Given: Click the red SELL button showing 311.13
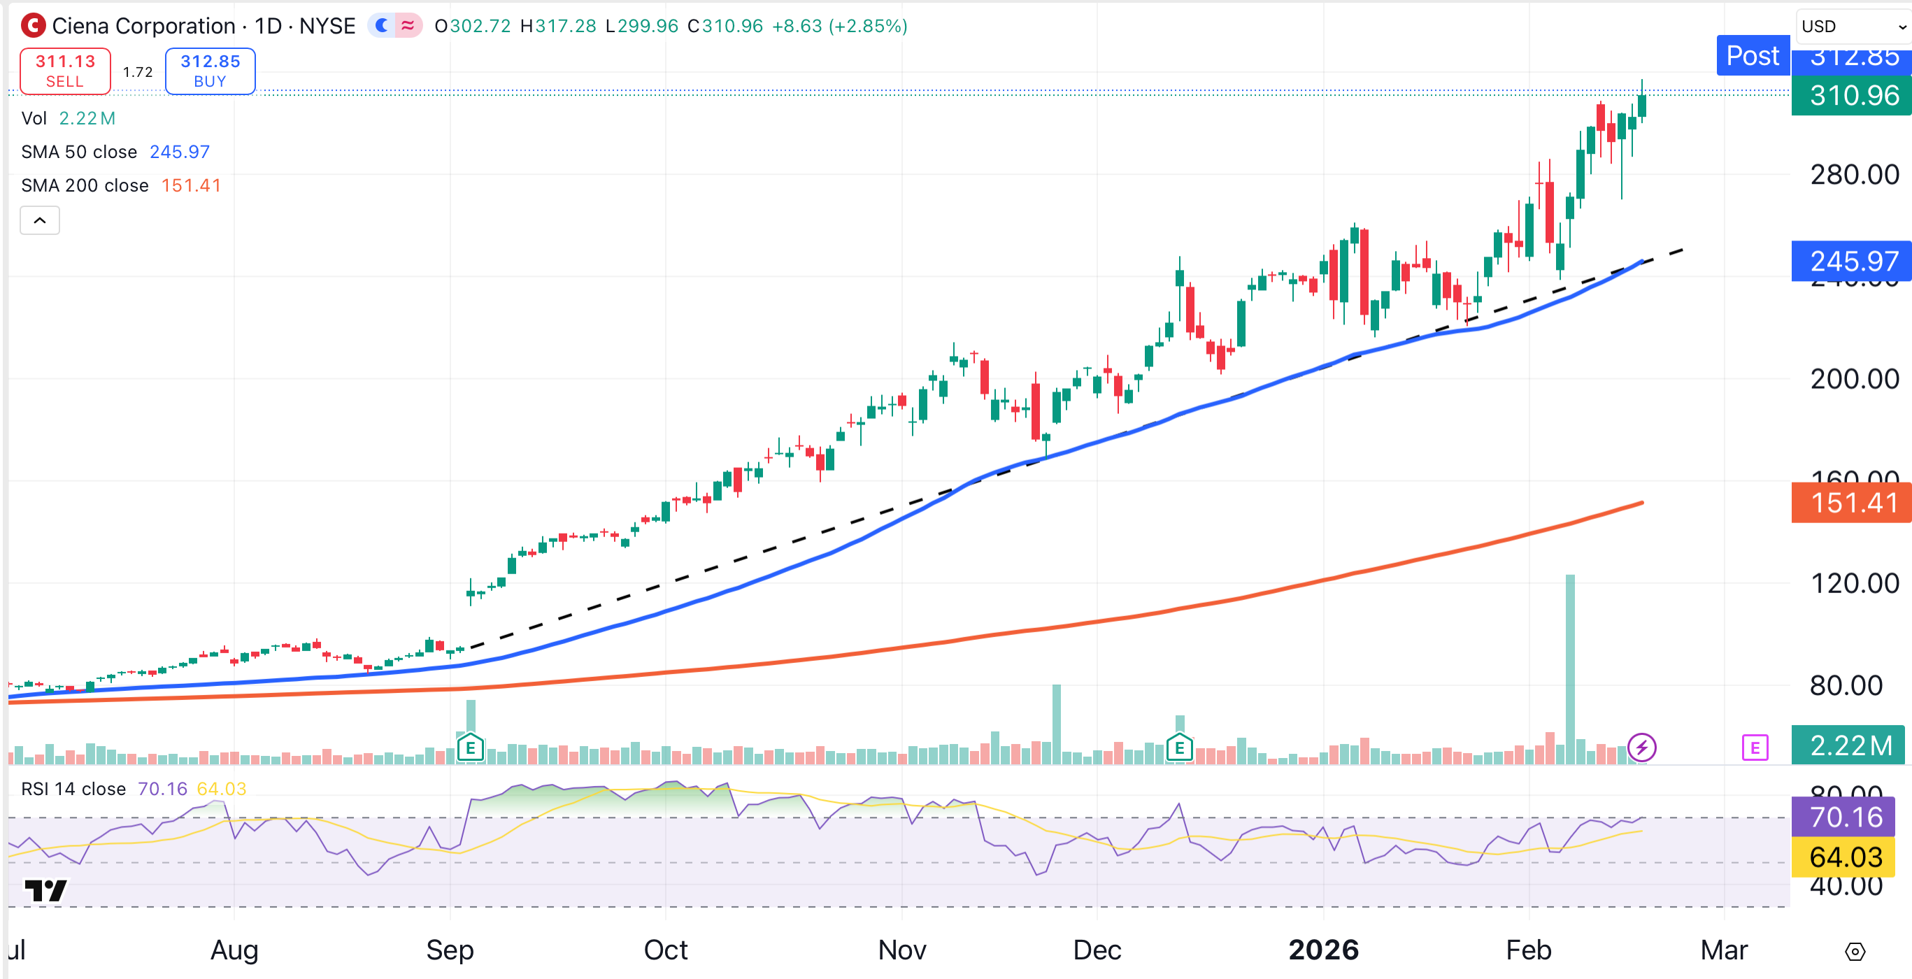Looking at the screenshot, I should (x=65, y=71).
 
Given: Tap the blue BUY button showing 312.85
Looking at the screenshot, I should (x=210, y=71).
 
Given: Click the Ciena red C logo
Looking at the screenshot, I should (x=33, y=26).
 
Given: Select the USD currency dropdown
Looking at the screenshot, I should (x=1851, y=26).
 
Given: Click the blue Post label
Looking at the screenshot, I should (x=1753, y=56).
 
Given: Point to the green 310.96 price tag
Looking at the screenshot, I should (x=1853, y=96).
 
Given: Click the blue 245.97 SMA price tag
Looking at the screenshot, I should (x=1853, y=262).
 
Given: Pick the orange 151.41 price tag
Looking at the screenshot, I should (x=1853, y=503).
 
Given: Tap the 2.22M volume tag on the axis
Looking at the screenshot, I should (x=1850, y=745).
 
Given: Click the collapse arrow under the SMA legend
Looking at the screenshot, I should (x=40, y=220).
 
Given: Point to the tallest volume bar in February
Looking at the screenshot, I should (x=1570, y=668).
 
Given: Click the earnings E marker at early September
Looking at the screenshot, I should (x=471, y=748).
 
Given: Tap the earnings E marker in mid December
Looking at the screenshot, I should (x=1179, y=748).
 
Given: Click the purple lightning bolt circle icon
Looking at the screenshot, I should (x=1642, y=748).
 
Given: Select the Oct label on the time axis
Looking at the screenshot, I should (x=666, y=950).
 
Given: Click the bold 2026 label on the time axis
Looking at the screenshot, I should (x=1323, y=950).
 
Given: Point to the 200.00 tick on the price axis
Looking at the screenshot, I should (x=1854, y=379).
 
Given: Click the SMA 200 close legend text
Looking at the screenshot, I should (x=85, y=185).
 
